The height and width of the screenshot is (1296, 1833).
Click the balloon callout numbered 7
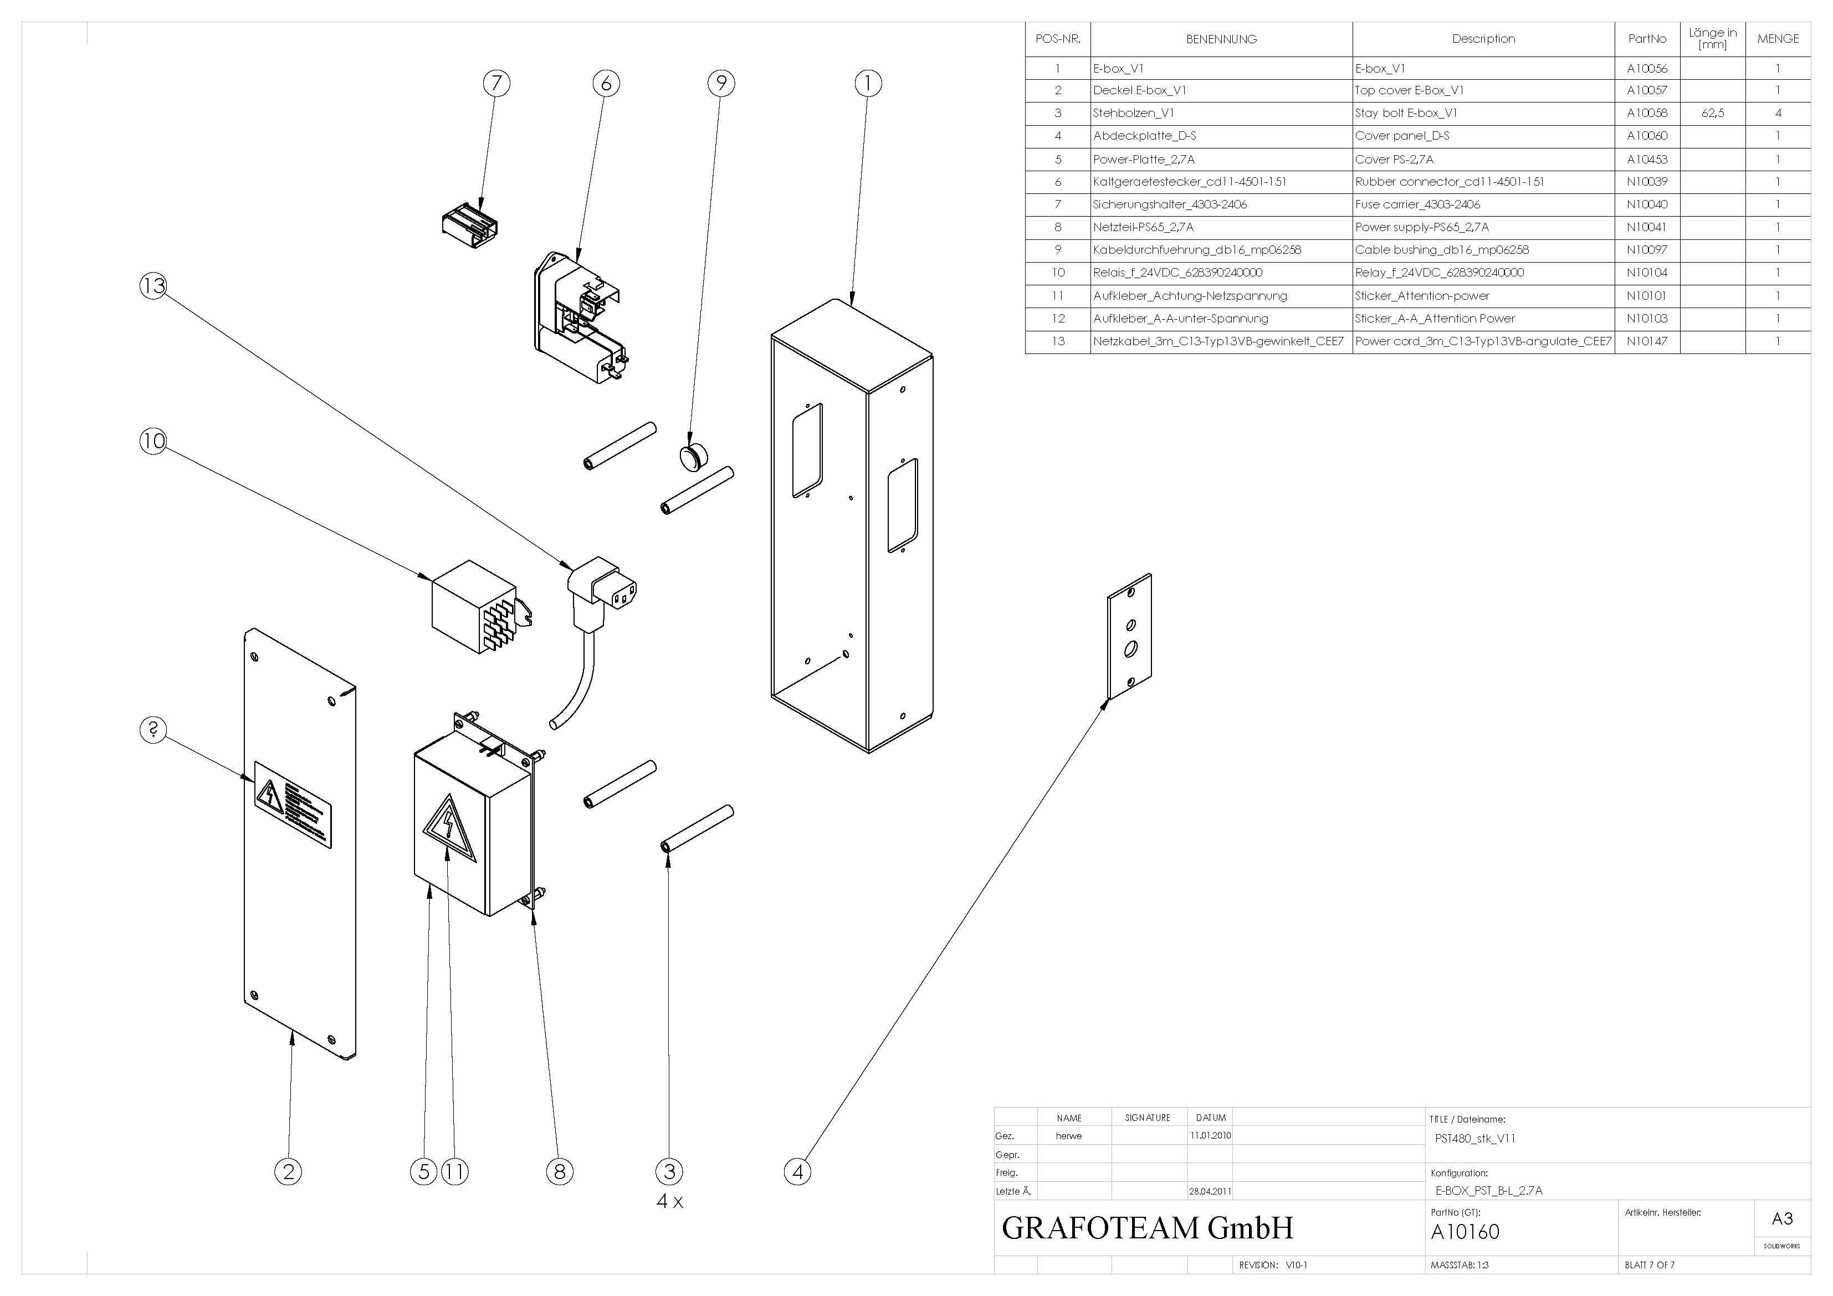[x=496, y=83]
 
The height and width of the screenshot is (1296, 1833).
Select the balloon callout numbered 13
[x=153, y=286]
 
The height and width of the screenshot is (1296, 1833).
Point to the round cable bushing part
[x=692, y=458]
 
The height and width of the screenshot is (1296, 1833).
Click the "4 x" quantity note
[x=670, y=1201]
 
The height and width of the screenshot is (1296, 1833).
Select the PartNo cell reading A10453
[x=1647, y=159]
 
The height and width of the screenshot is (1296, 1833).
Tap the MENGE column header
[x=1778, y=38]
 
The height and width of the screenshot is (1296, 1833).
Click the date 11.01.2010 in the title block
[x=1210, y=1135]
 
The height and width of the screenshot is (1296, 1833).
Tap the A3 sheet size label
[x=1782, y=1218]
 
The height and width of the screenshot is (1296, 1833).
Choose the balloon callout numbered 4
[x=797, y=1172]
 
